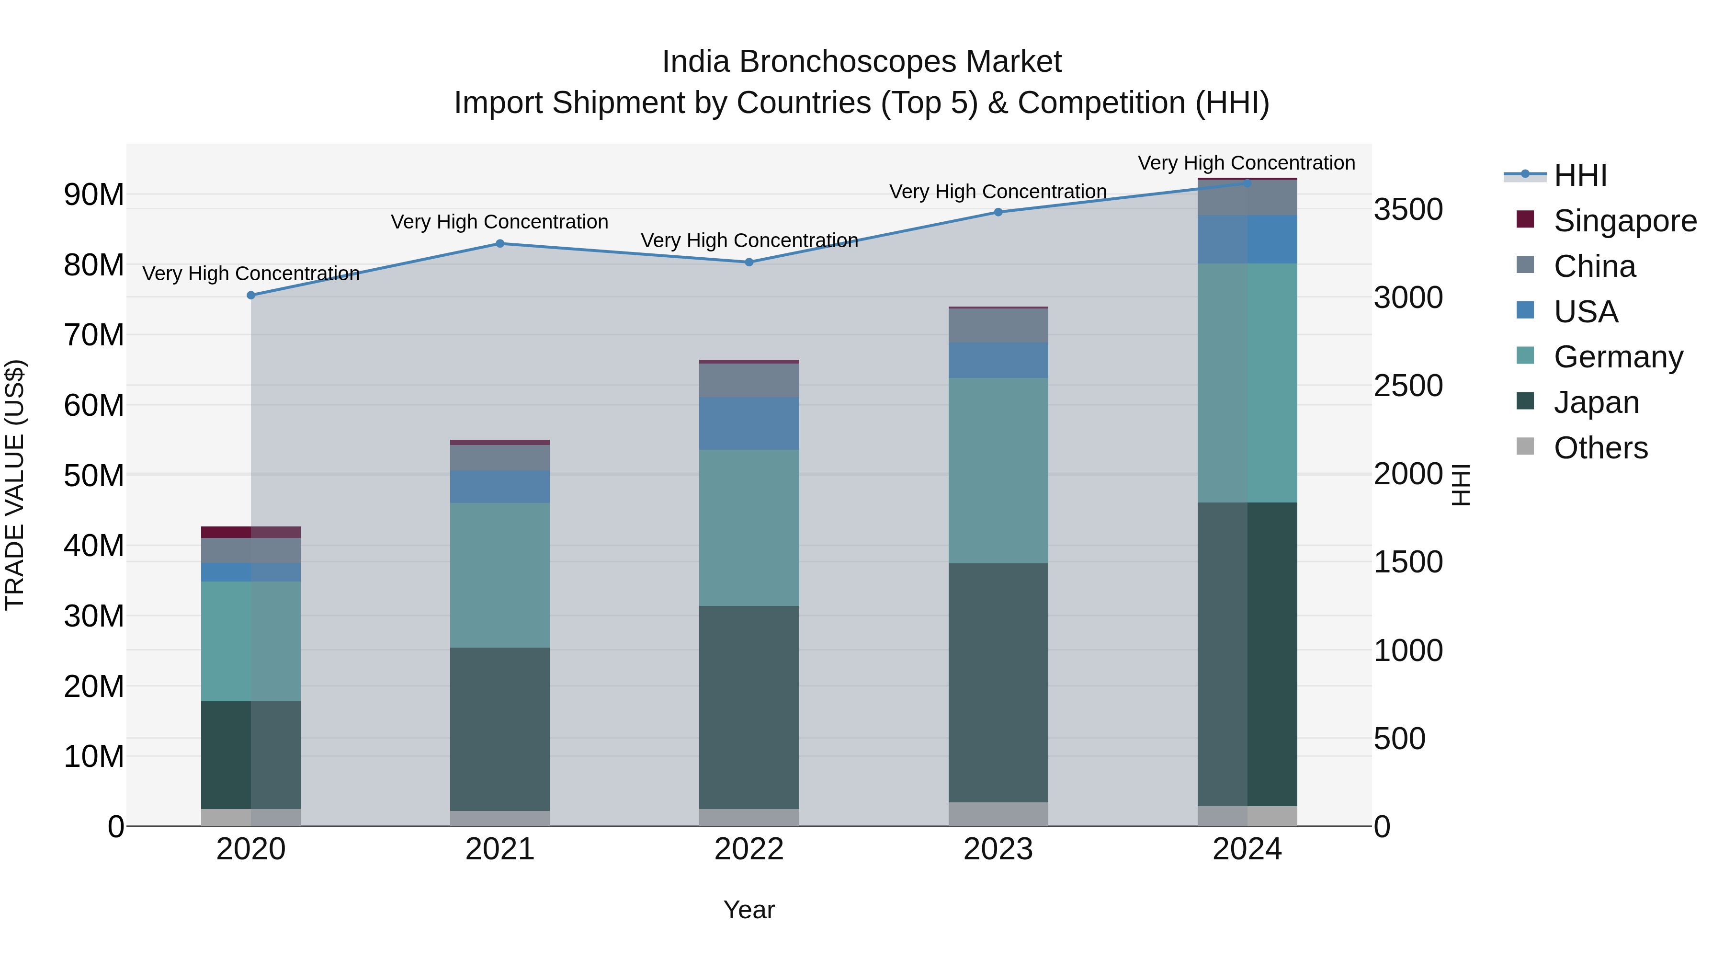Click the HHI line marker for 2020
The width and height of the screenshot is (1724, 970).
click(x=251, y=295)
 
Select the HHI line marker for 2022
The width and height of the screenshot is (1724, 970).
click(x=749, y=262)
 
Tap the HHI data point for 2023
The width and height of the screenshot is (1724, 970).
click(x=998, y=212)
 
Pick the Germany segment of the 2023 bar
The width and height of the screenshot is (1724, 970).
click(x=998, y=470)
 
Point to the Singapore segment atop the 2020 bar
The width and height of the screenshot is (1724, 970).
click(x=251, y=532)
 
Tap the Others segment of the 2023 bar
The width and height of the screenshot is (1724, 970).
click(x=998, y=813)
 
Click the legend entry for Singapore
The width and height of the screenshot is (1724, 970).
click(x=1624, y=221)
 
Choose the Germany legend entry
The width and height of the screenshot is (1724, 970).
click(x=1618, y=357)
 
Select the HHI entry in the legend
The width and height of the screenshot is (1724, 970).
click(x=1579, y=175)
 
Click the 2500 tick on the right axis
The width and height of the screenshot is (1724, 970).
click(x=1408, y=386)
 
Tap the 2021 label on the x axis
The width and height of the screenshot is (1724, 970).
click(x=500, y=849)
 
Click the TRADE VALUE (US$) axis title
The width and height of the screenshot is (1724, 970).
click(x=15, y=485)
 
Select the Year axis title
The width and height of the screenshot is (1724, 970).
click(x=749, y=910)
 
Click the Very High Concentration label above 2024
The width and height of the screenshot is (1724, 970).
click(x=1246, y=163)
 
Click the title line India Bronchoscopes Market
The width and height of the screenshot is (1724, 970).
click(x=862, y=62)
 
